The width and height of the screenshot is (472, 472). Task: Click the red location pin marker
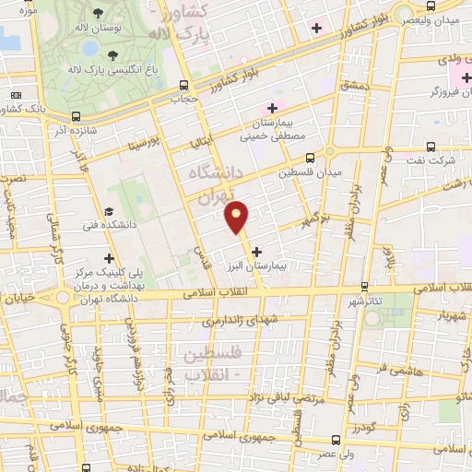pos(237,216)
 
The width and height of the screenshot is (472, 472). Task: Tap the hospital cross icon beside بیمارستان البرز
pos(255,250)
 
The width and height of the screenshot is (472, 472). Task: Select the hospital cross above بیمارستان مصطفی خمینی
pos(273,108)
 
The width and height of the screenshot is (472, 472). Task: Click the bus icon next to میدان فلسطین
pos(309,158)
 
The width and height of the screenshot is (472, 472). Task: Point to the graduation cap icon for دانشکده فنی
pos(109,211)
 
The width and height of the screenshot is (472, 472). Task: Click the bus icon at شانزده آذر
pos(75,116)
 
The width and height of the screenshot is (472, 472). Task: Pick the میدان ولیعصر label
pos(431,20)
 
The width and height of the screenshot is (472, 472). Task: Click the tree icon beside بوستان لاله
pos(99,13)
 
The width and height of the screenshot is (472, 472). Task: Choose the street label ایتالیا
pos(199,141)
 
